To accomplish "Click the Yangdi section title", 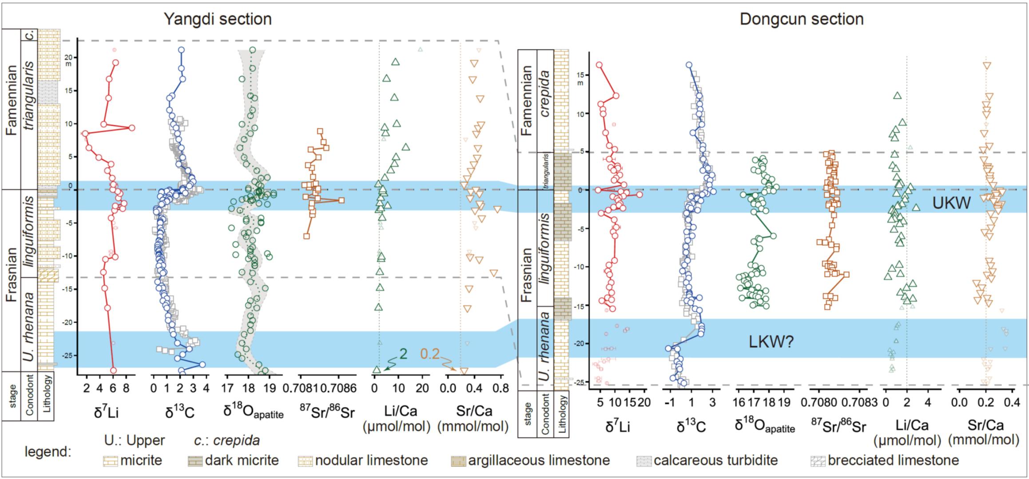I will (218, 19).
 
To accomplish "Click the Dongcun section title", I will (802, 19).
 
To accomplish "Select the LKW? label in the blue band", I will (771, 342).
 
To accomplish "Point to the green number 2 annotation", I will (403, 354).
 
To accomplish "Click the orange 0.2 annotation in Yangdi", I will (429, 354).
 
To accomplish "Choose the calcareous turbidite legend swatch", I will (644, 460).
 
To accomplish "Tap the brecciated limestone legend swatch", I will (818, 460).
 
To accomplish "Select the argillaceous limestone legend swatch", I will (458, 460).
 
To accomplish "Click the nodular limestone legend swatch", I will (306, 460).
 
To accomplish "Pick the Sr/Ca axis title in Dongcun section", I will (983, 432).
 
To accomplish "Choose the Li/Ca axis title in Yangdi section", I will (397, 419).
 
